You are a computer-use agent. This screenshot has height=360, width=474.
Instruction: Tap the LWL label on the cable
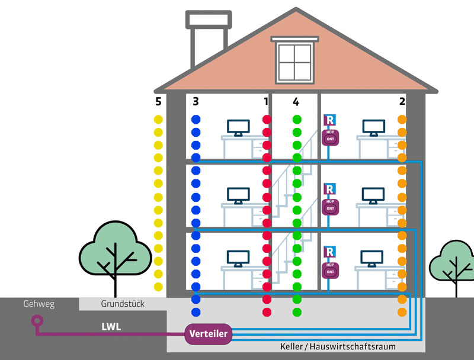[111, 326]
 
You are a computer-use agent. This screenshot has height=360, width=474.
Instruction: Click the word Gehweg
[39, 304]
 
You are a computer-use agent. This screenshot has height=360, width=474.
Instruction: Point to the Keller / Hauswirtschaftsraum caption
[337, 346]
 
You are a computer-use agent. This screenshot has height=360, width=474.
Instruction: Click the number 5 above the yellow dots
[158, 102]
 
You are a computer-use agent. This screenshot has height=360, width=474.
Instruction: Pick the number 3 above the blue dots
[196, 102]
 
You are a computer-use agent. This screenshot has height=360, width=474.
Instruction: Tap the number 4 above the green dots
[296, 102]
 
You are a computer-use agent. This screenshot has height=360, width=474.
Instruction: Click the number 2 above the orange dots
[402, 102]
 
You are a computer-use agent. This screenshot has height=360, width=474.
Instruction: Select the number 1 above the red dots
[266, 102]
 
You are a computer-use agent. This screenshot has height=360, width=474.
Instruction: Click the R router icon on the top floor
[329, 120]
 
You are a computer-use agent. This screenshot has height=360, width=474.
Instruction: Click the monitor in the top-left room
[238, 127]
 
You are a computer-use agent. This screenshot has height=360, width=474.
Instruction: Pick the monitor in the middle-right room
[373, 195]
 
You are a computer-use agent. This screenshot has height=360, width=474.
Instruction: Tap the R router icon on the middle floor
[329, 189]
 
